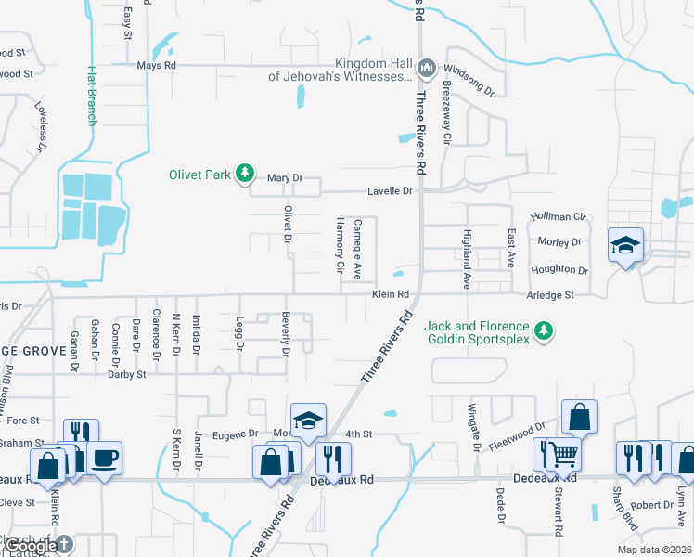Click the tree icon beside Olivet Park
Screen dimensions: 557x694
tap(244, 174)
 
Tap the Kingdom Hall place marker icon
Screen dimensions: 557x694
tap(426, 67)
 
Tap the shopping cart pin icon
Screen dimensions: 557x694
tap(563, 454)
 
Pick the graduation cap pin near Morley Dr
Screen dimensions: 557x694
tap(625, 245)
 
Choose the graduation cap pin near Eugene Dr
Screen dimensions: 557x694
tap(308, 419)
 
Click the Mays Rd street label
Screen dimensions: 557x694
tap(156, 66)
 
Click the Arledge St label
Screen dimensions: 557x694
tap(551, 294)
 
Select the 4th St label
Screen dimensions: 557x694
tap(358, 434)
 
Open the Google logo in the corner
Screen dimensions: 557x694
tap(32, 546)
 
